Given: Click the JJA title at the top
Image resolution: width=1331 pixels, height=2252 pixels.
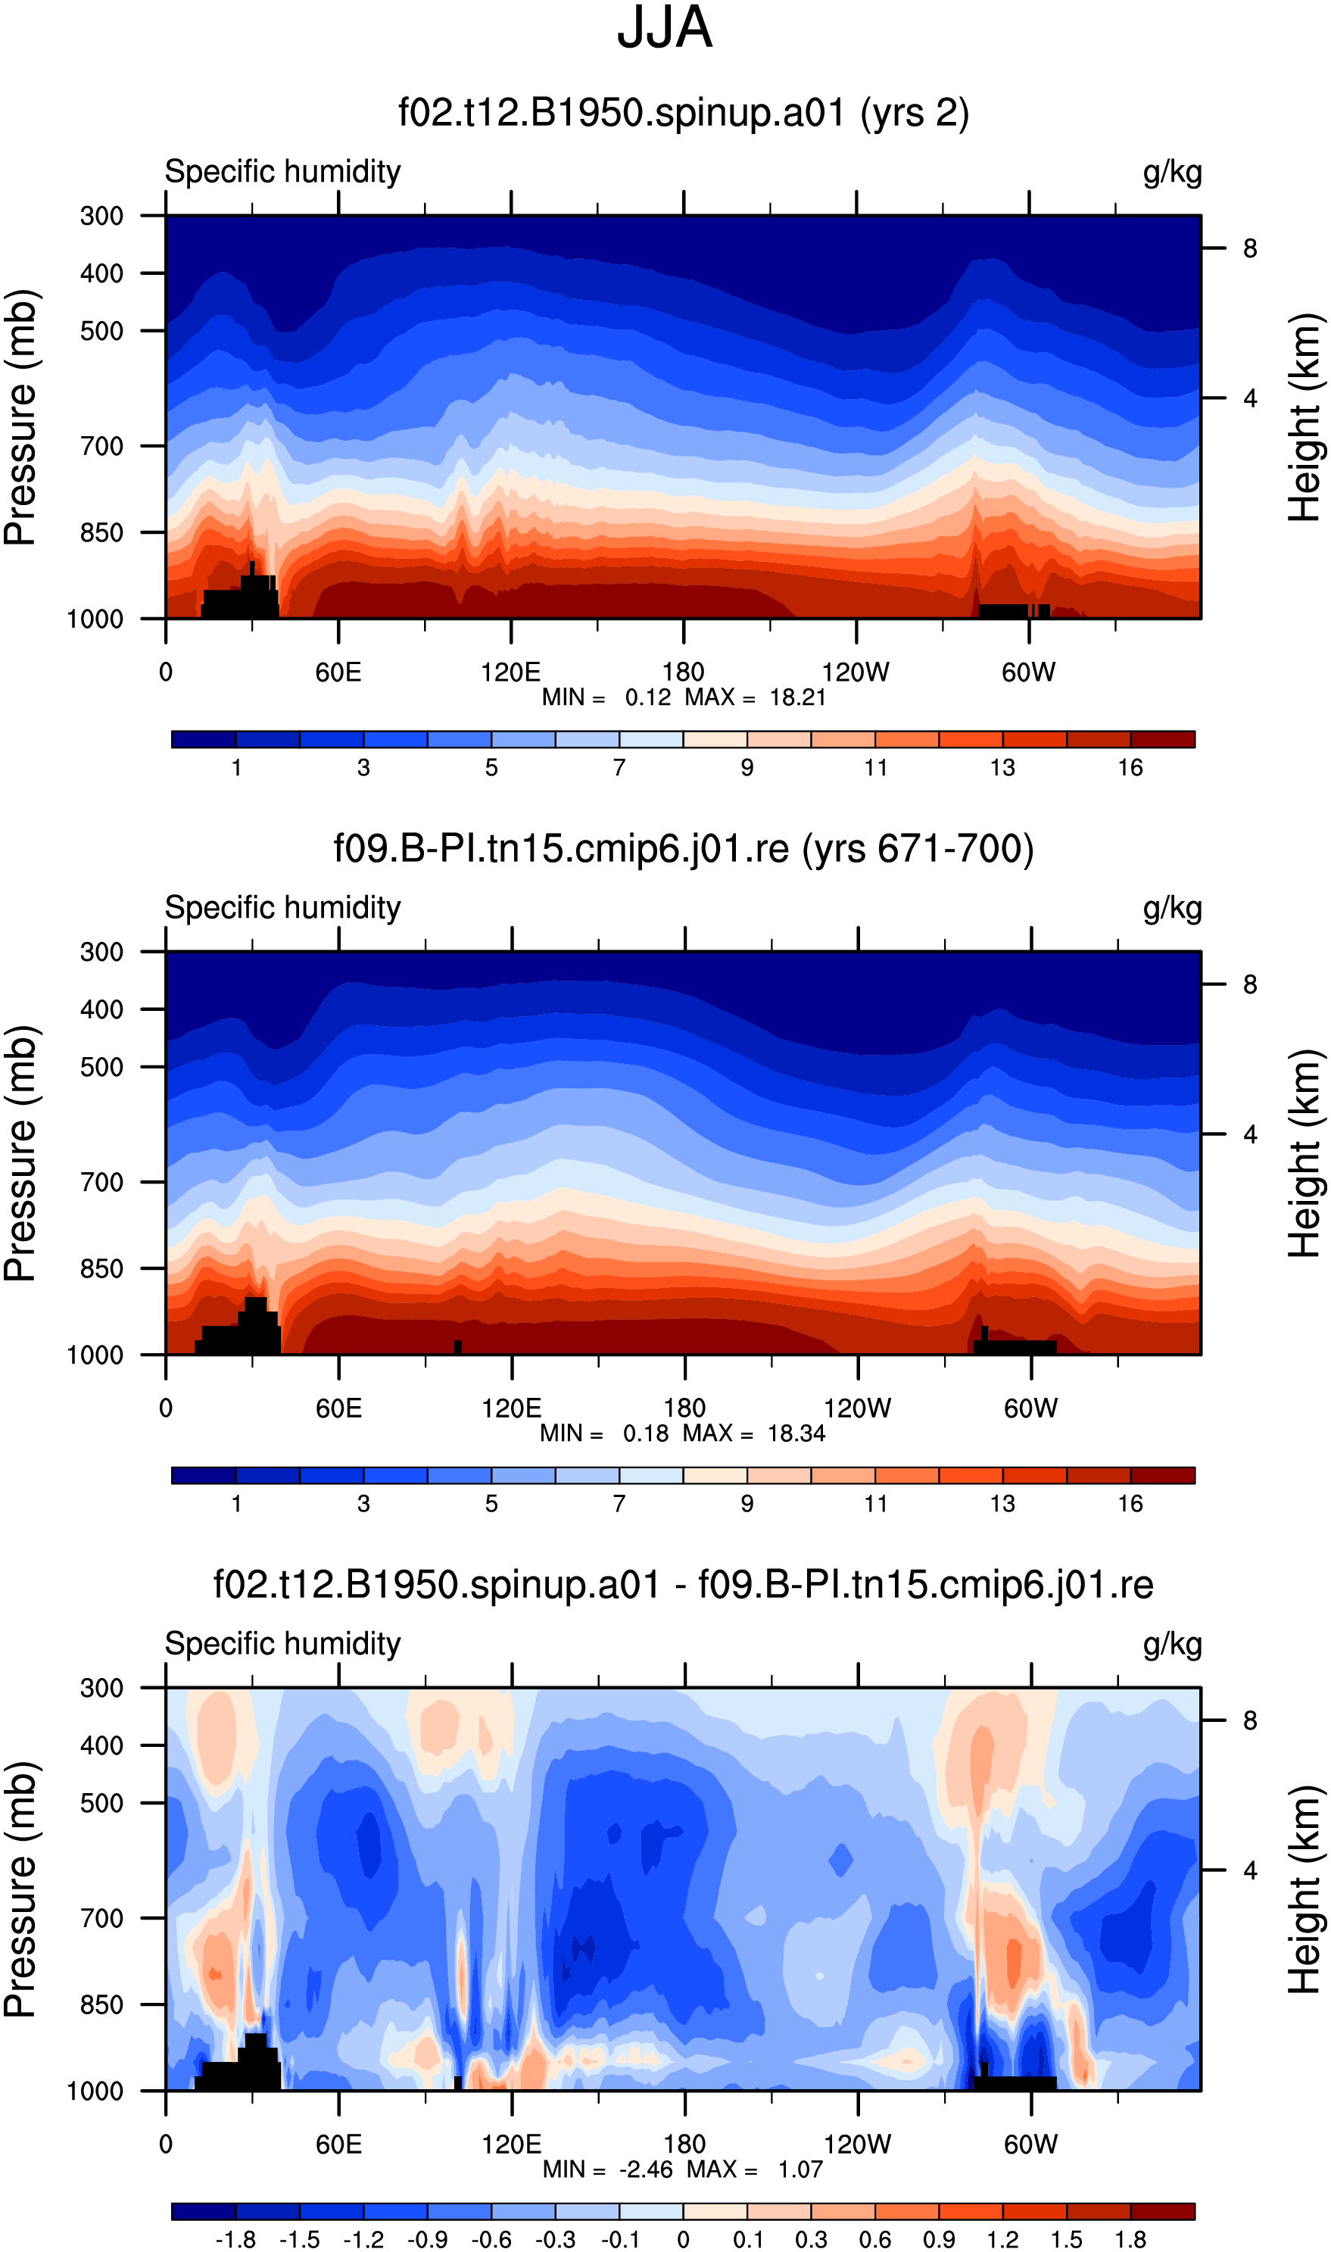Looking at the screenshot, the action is [x=665, y=28].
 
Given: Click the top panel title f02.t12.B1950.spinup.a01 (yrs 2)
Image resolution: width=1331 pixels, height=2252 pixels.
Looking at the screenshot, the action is [x=684, y=113].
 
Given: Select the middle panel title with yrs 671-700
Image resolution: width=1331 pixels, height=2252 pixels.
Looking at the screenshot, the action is [x=684, y=848].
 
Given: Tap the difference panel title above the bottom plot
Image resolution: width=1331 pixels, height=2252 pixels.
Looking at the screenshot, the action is [x=684, y=1585].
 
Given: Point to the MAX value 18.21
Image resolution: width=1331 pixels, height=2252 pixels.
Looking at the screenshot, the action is [x=797, y=697].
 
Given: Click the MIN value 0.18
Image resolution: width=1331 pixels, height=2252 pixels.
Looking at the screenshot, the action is [x=646, y=1433].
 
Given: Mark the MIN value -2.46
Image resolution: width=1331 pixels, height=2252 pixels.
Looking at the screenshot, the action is [x=646, y=2169].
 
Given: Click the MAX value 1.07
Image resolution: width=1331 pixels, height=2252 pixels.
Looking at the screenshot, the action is [x=800, y=2169].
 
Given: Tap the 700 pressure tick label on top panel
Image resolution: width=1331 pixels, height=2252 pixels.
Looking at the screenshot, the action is [x=101, y=446].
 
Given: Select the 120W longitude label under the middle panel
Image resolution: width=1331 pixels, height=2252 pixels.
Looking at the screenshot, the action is [x=858, y=1408].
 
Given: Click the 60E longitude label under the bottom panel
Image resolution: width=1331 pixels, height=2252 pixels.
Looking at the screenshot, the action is [x=339, y=2144].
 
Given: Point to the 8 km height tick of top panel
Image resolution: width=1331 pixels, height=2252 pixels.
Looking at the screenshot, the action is [x=1249, y=248].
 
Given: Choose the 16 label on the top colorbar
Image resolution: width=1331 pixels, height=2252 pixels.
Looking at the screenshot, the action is [x=1130, y=768].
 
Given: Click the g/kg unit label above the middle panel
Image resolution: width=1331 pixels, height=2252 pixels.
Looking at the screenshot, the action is [x=1172, y=909].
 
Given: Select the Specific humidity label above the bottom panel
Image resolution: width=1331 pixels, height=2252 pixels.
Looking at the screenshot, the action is [x=282, y=1644].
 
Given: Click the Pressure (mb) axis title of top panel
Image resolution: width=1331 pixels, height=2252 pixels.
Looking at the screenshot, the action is [x=20, y=417].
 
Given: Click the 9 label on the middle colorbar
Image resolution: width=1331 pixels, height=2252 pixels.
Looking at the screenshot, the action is [x=747, y=1503].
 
